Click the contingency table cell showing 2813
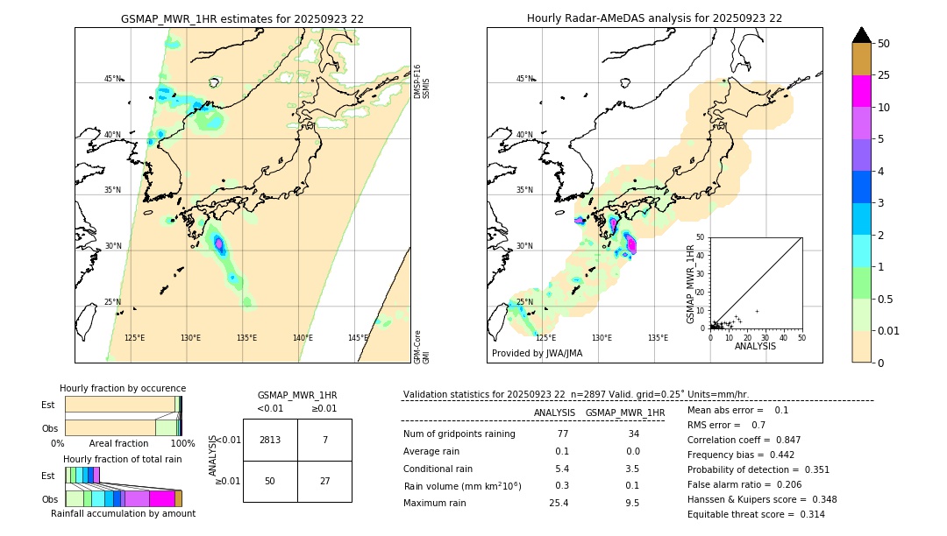270,440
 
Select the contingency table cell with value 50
270,481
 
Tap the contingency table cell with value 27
324,481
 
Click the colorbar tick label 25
884,75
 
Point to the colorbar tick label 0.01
889,330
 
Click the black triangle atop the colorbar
862,35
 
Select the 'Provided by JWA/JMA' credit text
537,354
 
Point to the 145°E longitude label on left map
358,338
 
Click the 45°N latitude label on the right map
524,79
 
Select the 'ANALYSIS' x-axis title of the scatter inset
755,347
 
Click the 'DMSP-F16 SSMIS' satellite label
422,81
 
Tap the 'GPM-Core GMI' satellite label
422,347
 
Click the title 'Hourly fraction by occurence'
123,388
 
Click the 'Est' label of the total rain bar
48,476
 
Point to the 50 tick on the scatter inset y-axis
701,237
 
